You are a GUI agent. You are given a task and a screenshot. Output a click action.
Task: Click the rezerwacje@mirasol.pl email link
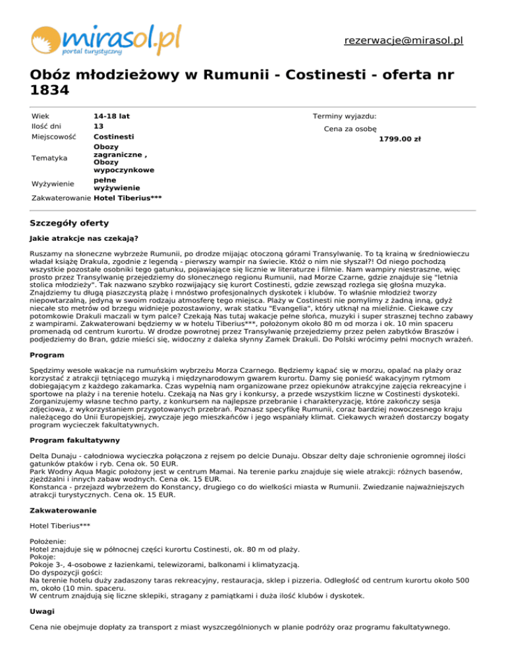403,40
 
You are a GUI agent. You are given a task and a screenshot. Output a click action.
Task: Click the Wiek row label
40,116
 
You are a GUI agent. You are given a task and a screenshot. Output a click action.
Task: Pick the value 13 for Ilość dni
99,126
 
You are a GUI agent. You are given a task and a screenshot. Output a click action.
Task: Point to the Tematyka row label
49,158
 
